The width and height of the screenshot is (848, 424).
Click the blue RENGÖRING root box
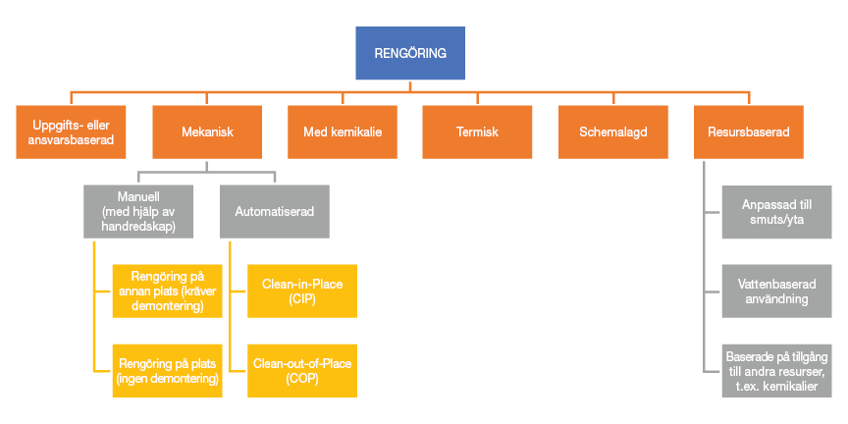pyautogui.click(x=409, y=53)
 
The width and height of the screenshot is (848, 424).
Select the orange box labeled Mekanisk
pyautogui.click(x=207, y=132)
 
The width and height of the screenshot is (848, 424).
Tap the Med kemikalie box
pyautogui.click(x=342, y=132)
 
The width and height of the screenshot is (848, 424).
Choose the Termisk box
pyautogui.click(x=477, y=132)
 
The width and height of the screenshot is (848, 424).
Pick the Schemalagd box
pyautogui.click(x=612, y=132)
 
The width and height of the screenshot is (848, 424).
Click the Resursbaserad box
pyautogui.click(x=748, y=132)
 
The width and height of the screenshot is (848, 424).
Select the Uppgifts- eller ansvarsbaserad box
pyautogui.click(x=72, y=132)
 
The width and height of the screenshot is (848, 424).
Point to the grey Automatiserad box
pyautogui.click(x=275, y=210)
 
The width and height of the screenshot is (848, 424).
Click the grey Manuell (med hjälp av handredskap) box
pyautogui.click(x=139, y=210)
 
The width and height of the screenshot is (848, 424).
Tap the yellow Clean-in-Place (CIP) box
pyautogui.click(x=301, y=291)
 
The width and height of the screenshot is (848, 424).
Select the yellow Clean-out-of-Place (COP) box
pyautogui.click(x=301, y=370)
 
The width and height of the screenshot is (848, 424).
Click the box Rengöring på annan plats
pyautogui.click(x=167, y=291)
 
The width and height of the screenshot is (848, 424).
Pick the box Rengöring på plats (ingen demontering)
pyautogui.click(x=167, y=370)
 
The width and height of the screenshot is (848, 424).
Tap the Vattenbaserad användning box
pyautogui.click(x=776, y=291)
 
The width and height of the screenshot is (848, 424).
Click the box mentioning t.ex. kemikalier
pyautogui.click(x=776, y=370)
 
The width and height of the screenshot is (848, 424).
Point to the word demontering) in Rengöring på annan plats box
pyautogui.click(x=167, y=306)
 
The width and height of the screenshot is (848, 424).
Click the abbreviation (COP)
pyautogui.click(x=301, y=378)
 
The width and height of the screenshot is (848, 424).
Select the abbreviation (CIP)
pyautogui.click(x=301, y=298)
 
